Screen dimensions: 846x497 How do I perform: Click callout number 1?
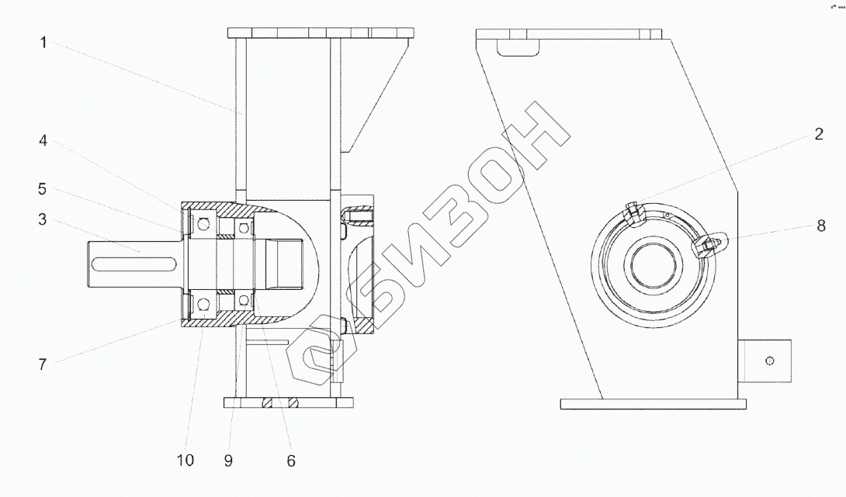point(43,43)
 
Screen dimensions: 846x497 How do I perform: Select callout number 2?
point(819,134)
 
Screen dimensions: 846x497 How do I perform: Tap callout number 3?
point(43,219)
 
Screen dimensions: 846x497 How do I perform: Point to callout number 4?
point(43,141)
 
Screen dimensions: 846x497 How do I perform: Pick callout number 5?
point(43,189)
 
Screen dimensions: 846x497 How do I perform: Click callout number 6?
point(291,461)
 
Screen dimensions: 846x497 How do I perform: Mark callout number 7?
point(43,365)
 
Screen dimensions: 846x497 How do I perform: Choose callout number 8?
point(820,226)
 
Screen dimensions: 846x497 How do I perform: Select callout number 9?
point(228,461)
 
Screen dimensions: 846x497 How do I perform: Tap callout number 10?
point(185,461)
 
